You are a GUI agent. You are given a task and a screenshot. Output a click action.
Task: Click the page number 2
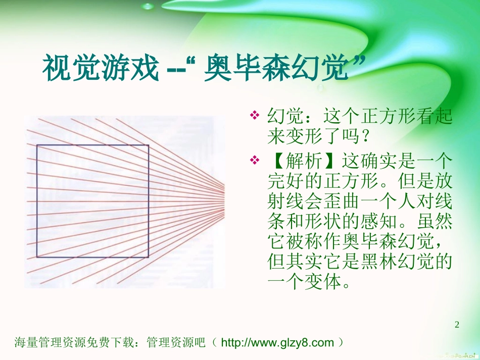coord(457,324)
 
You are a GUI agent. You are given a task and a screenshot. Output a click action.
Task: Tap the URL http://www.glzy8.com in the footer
coord(278,343)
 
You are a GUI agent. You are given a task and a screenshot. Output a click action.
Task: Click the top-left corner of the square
coord(37,146)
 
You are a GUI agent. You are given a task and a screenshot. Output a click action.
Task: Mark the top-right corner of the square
coord(149,146)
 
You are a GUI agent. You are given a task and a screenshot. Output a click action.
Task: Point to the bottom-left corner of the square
coord(37,257)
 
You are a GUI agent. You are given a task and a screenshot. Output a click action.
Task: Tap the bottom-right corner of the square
coord(149,257)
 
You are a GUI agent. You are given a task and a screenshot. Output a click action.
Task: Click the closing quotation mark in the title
coord(358,63)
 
